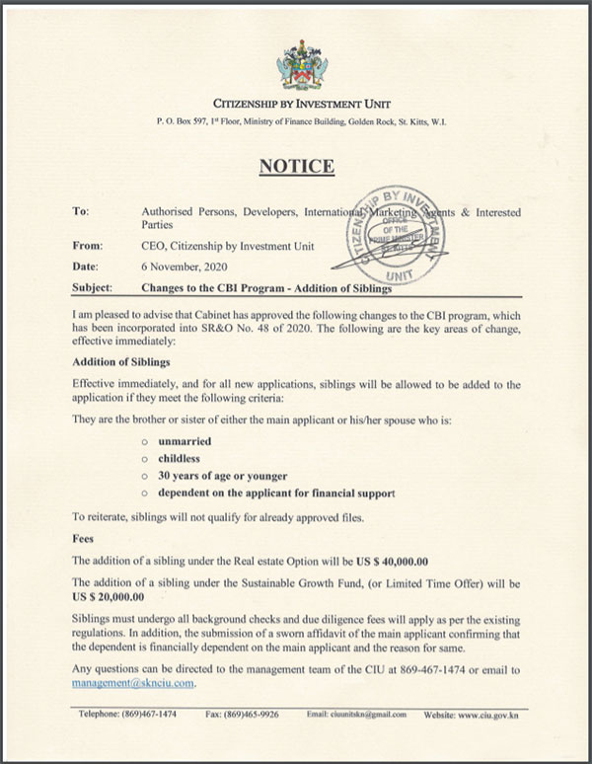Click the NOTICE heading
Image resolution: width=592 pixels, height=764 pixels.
(x=296, y=166)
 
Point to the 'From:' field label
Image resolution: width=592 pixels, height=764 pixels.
(x=88, y=246)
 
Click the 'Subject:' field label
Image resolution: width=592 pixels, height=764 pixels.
(x=93, y=288)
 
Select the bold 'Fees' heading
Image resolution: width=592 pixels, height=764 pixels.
(x=83, y=540)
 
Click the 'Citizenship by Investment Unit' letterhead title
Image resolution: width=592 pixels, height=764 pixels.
(x=296, y=103)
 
